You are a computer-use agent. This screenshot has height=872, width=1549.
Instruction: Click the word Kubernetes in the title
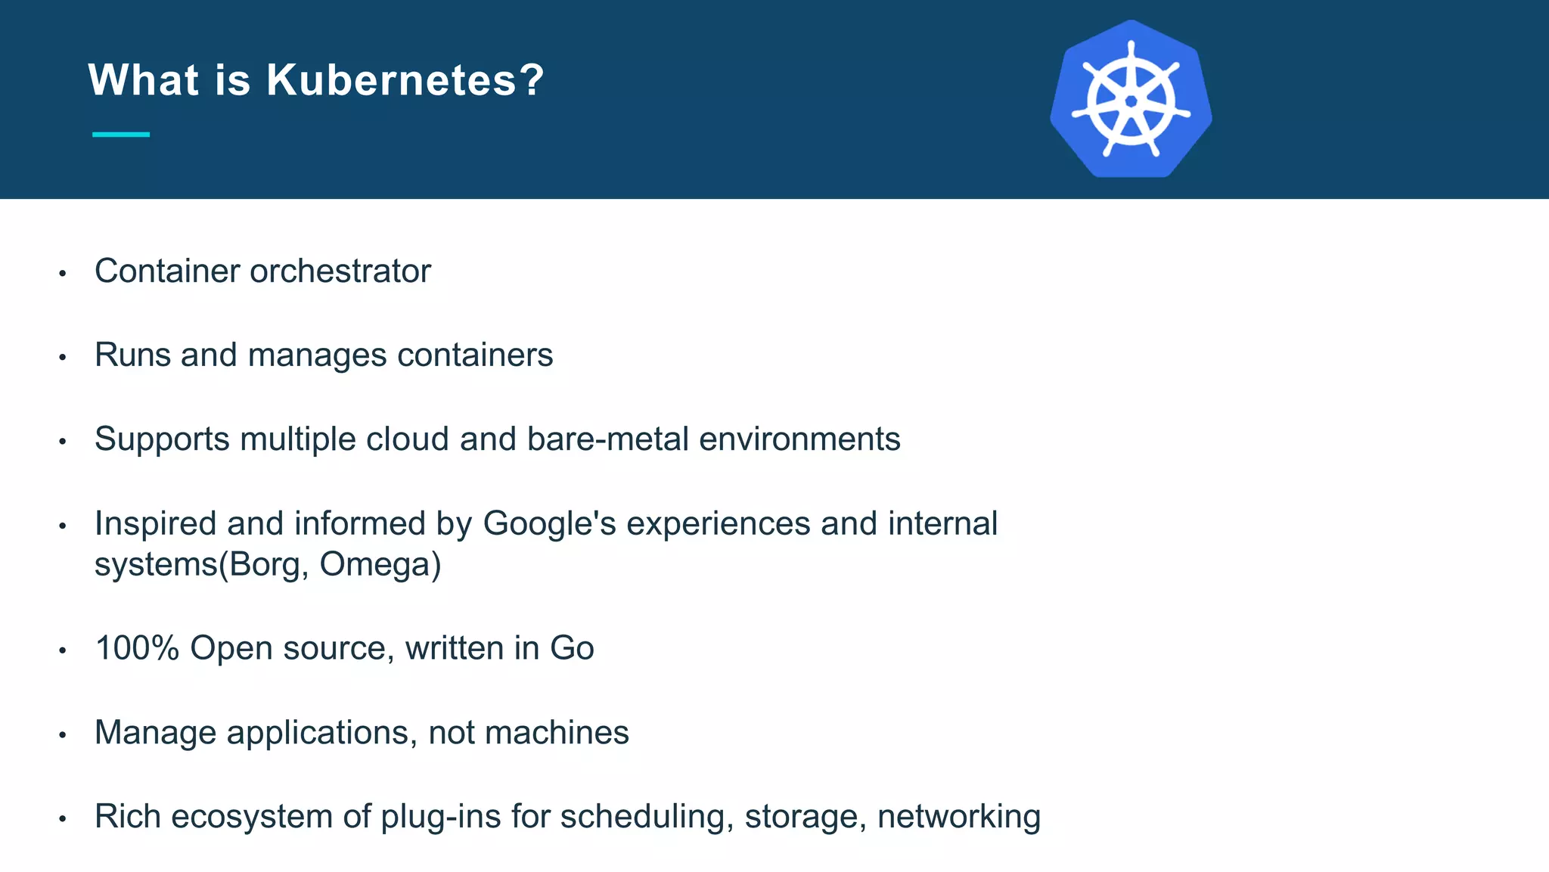405,79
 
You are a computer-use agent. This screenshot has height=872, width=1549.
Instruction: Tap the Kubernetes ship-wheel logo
1131,100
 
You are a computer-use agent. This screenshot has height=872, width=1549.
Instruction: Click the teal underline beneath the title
121,135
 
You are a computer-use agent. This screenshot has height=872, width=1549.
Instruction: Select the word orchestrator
340,271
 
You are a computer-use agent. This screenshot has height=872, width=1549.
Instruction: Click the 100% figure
137,648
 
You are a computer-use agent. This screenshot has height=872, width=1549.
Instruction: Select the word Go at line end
572,648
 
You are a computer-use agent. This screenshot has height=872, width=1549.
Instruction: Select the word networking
959,817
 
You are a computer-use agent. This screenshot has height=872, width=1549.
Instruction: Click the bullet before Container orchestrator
63,273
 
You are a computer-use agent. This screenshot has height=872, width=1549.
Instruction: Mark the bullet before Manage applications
63,734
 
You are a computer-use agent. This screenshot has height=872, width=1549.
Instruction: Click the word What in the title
144,79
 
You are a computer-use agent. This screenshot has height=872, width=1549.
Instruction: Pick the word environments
799,439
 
